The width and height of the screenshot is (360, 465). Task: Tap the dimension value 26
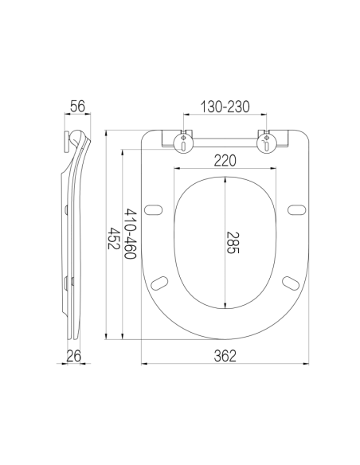pyautogui.click(x=75, y=355)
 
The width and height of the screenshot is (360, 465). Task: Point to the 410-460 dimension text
pyautogui.click(x=130, y=234)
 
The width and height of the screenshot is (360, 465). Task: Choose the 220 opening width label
pyautogui.click(x=225, y=161)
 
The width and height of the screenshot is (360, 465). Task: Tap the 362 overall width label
pyautogui.click(x=225, y=356)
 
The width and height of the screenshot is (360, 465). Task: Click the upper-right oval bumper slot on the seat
pyautogui.click(x=296, y=211)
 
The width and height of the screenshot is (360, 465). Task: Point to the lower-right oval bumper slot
pyautogui.click(x=290, y=282)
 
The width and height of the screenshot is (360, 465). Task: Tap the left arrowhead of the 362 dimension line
pyautogui.click(x=144, y=365)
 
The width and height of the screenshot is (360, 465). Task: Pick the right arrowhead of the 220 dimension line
pyautogui.click(x=274, y=170)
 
